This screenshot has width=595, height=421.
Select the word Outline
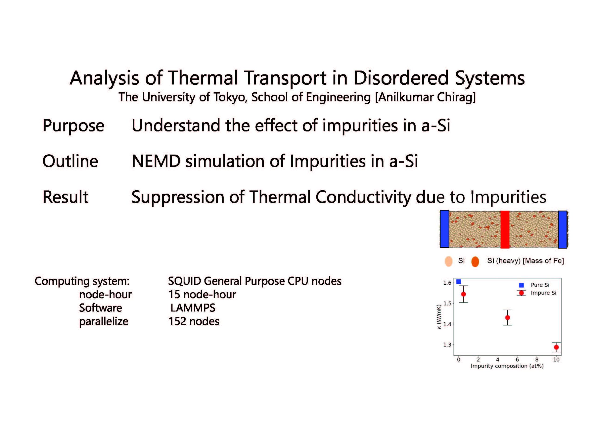click(x=70, y=161)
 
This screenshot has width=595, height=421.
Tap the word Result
click(x=66, y=197)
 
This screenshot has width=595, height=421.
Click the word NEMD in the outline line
click(x=156, y=161)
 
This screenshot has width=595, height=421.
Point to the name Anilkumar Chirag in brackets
click(x=425, y=97)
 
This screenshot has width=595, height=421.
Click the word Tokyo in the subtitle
click(x=229, y=97)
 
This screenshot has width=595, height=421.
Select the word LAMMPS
click(x=193, y=308)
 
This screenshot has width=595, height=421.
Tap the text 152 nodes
click(x=194, y=321)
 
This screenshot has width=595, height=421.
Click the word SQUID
click(x=185, y=281)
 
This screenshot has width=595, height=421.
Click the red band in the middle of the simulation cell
click(x=505, y=230)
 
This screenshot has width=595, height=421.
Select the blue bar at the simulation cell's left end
click(x=444, y=229)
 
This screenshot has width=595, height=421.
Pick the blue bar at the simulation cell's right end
click(x=562, y=230)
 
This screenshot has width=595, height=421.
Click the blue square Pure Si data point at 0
click(x=458, y=282)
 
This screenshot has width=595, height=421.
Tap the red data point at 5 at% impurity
click(x=508, y=318)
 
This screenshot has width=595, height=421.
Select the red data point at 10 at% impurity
click(x=556, y=347)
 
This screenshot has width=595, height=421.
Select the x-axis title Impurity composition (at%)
click(x=507, y=366)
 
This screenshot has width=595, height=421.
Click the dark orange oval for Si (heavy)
click(x=475, y=261)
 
